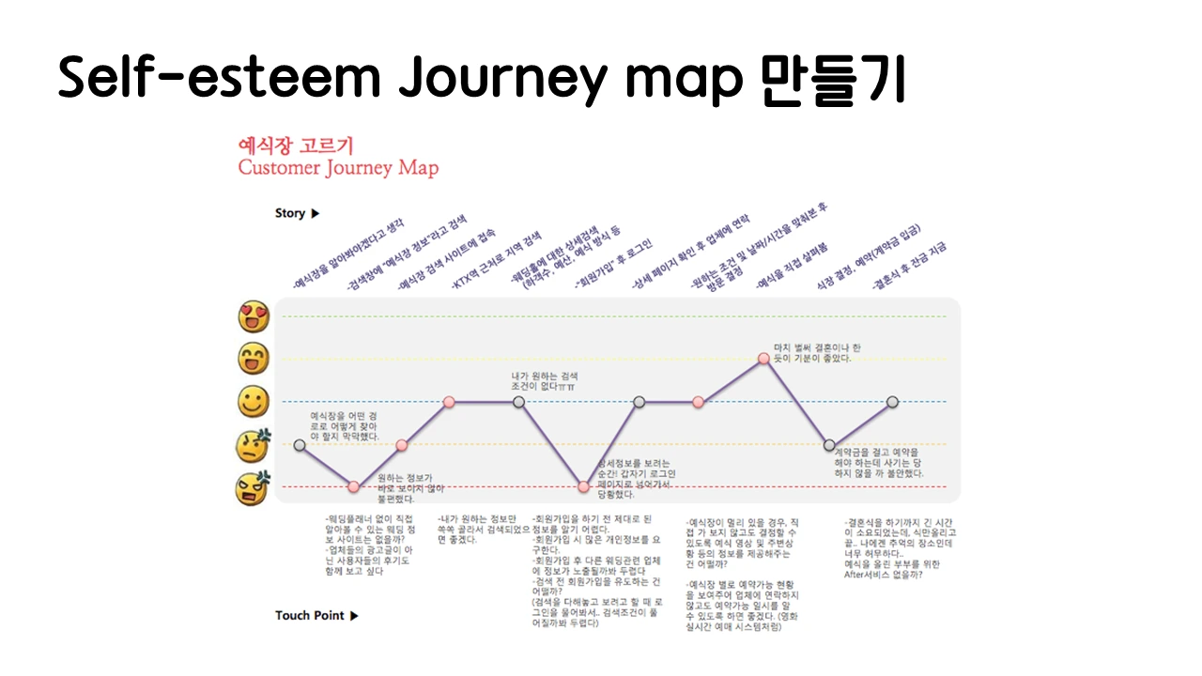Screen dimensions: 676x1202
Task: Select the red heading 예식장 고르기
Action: click(x=296, y=146)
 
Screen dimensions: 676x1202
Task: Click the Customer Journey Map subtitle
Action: click(x=338, y=169)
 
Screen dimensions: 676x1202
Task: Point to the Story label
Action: click(x=290, y=213)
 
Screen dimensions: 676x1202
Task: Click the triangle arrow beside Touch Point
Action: click(x=354, y=616)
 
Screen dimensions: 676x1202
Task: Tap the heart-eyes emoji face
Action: click(x=254, y=317)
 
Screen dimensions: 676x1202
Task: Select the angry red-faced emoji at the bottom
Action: click(x=254, y=486)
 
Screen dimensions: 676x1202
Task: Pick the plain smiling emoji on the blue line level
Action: click(x=254, y=403)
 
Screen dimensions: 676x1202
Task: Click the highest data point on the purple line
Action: click(x=764, y=358)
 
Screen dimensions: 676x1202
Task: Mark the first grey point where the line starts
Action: click(x=300, y=445)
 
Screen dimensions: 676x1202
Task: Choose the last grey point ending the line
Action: click(x=892, y=402)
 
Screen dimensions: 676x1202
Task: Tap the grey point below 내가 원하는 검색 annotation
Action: click(x=518, y=402)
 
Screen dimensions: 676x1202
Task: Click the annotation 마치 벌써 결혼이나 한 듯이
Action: click(x=816, y=352)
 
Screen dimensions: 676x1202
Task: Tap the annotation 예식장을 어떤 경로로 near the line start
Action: click(x=345, y=425)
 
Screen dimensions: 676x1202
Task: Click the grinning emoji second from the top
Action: click(x=254, y=359)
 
